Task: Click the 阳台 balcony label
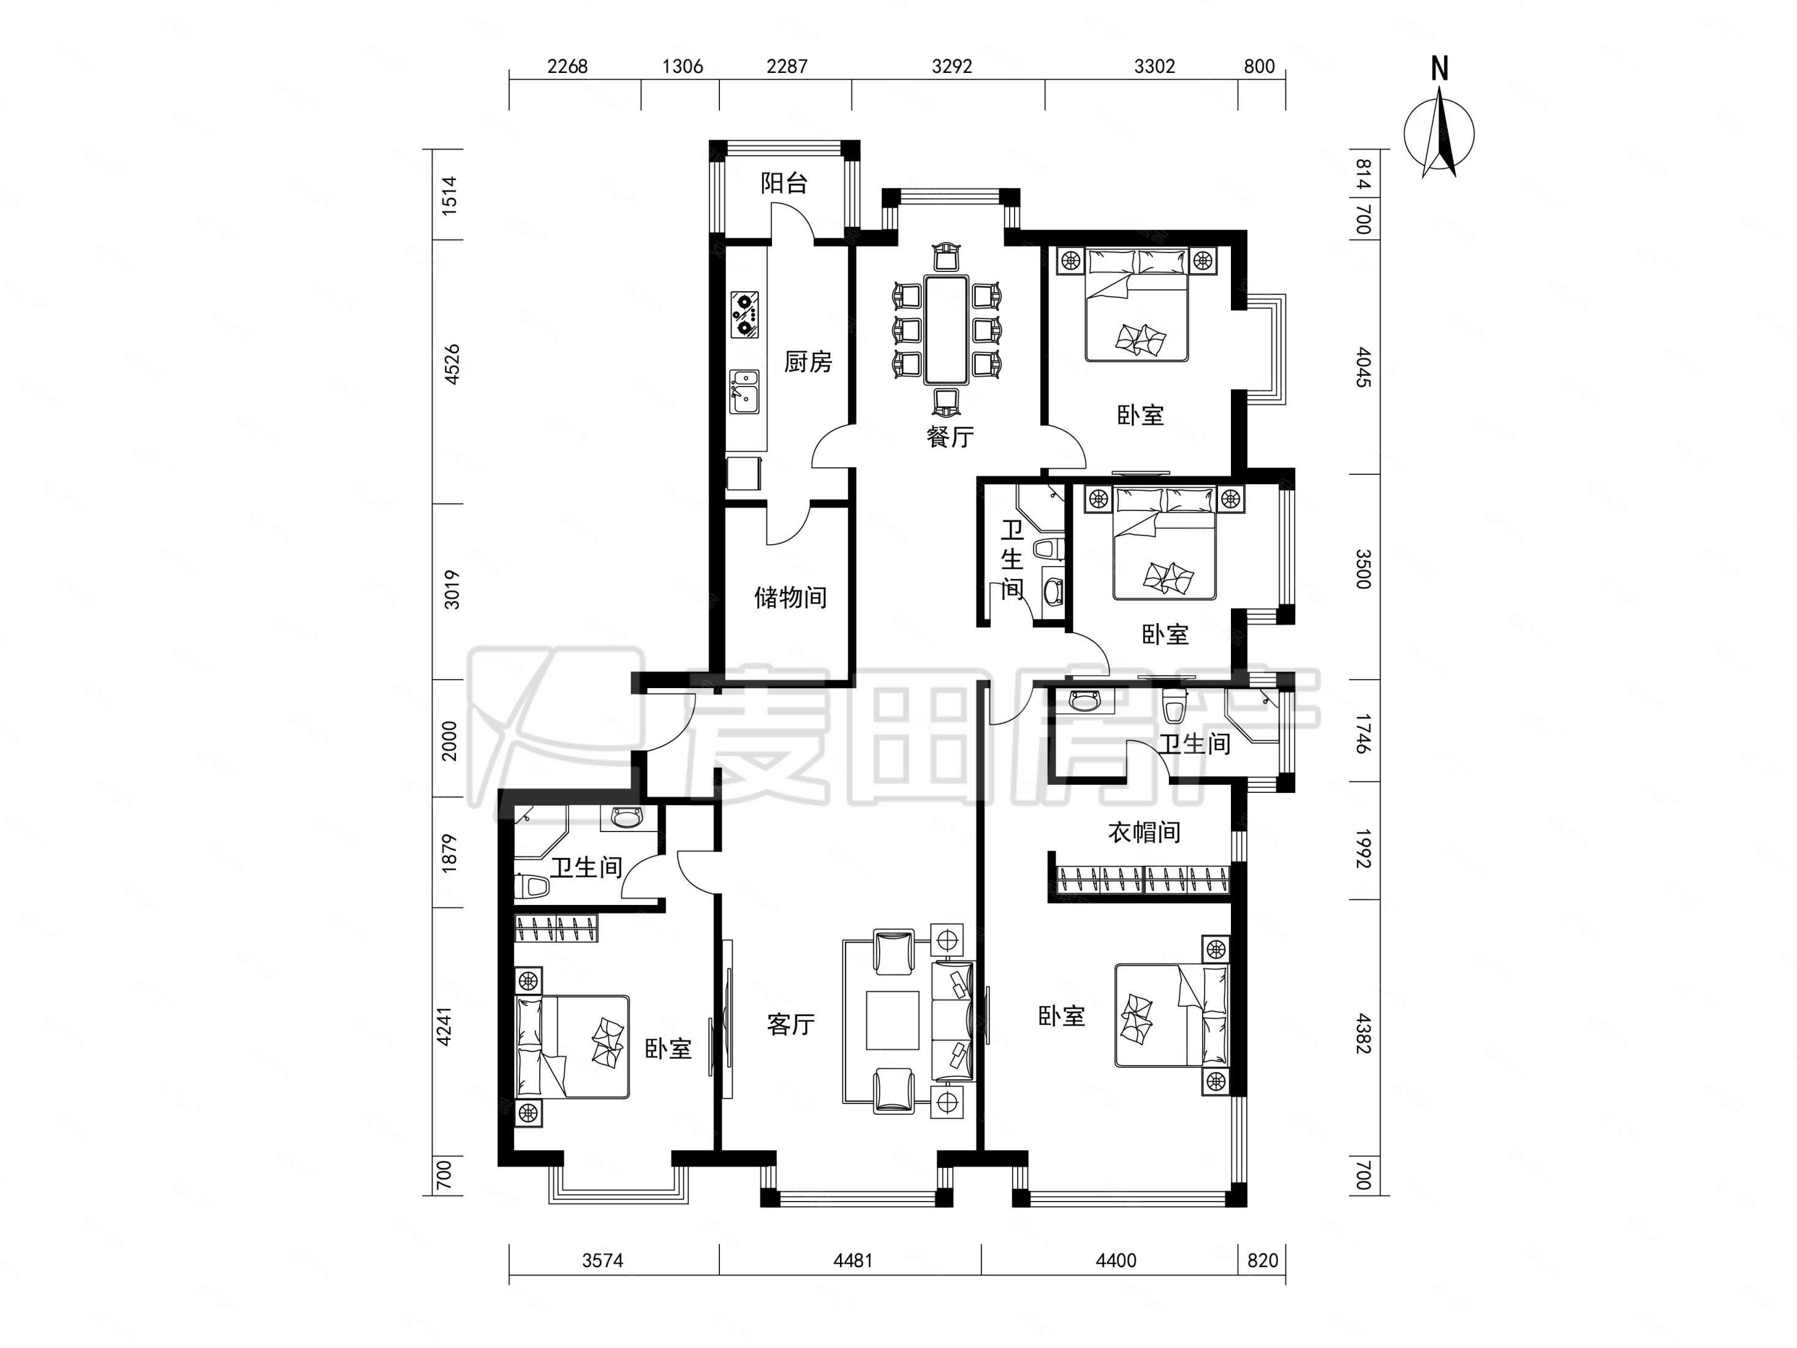tap(784, 183)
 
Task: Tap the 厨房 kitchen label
tap(808, 362)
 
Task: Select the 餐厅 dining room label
tap(950, 437)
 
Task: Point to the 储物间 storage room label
tap(790, 598)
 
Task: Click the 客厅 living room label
tap(790, 1024)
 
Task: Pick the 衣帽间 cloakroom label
tap(1144, 832)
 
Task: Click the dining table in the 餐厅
tap(947, 329)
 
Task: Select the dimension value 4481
tap(853, 1260)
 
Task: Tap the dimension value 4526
tap(452, 364)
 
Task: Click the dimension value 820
tap(1263, 1260)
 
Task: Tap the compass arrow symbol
tap(1440, 133)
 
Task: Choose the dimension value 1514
tap(449, 195)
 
